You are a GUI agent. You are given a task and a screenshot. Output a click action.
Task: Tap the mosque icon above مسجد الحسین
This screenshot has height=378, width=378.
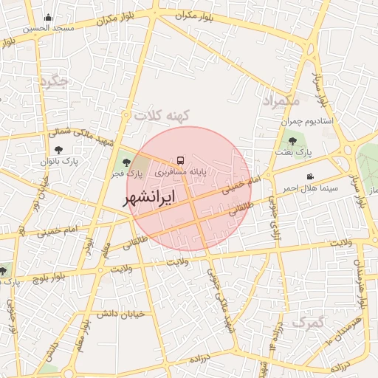coord(49,18)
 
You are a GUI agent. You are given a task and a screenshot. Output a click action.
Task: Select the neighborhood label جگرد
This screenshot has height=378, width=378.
coord(56,82)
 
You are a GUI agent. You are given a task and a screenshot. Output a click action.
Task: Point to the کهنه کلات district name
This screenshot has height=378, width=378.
coord(162,115)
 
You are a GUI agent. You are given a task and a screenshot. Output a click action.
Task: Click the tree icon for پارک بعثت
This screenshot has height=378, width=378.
coord(292,139)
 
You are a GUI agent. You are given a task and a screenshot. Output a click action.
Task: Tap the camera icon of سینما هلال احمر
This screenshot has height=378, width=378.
coord(311,176)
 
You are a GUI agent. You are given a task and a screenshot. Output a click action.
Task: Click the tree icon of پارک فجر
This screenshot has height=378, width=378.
coord(126,161)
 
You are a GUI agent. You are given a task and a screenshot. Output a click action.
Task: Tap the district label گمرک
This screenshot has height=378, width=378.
coord(309,322)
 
